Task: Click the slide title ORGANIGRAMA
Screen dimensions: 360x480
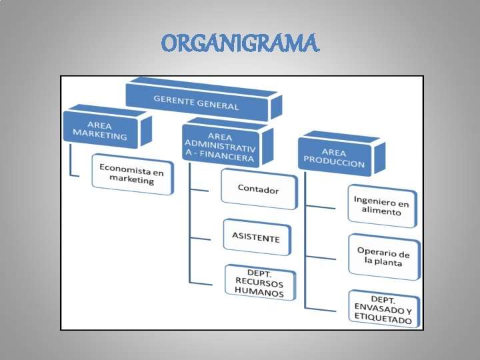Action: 240,44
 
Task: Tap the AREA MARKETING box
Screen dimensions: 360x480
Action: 100,130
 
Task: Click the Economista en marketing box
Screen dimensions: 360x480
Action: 131,175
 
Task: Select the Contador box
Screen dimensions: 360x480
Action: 258,189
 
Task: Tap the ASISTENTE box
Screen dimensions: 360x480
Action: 256,237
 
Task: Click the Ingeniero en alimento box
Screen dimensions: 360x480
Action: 381,205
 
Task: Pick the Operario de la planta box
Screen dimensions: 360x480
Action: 383,257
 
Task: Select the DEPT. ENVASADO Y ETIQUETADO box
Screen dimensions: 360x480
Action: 383,309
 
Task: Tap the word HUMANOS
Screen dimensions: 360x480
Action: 259,293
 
